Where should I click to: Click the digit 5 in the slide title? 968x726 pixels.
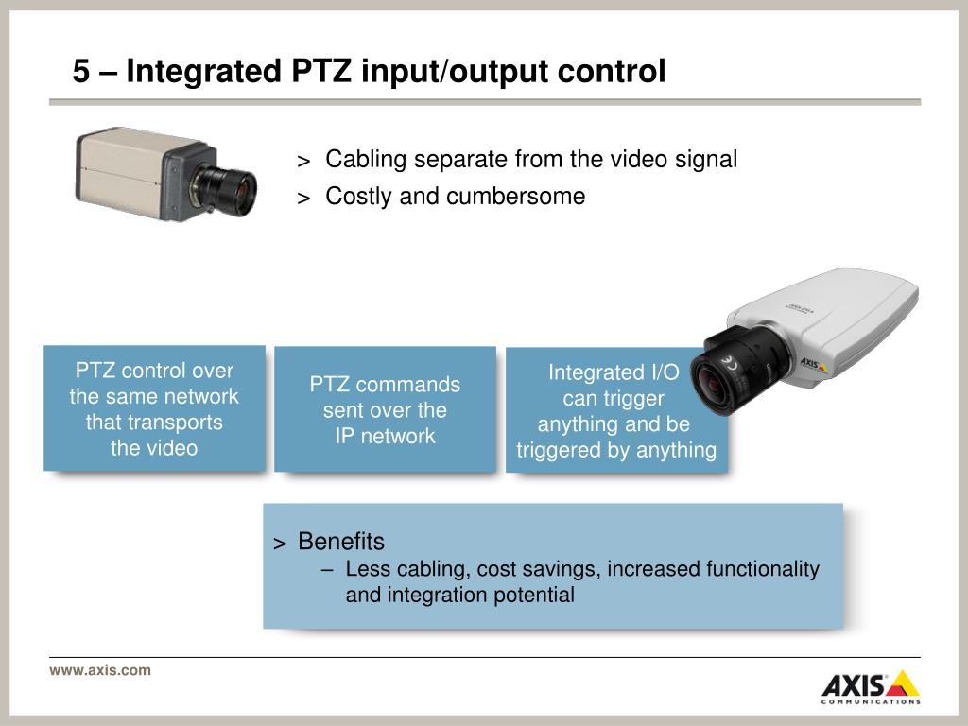[x=82, y=71]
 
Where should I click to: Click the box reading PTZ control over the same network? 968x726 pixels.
[x=154, y=408]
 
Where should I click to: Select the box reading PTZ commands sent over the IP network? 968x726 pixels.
[x=385, y=409]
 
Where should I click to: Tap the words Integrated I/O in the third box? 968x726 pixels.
[x=614, y=372]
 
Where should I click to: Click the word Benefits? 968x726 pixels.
[x=341, y=542]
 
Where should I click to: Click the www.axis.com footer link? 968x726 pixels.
[x=99, y=670]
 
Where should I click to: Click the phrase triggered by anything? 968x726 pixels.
[x=616, y=450]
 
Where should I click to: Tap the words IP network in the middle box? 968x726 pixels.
[x=385, y=436]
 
